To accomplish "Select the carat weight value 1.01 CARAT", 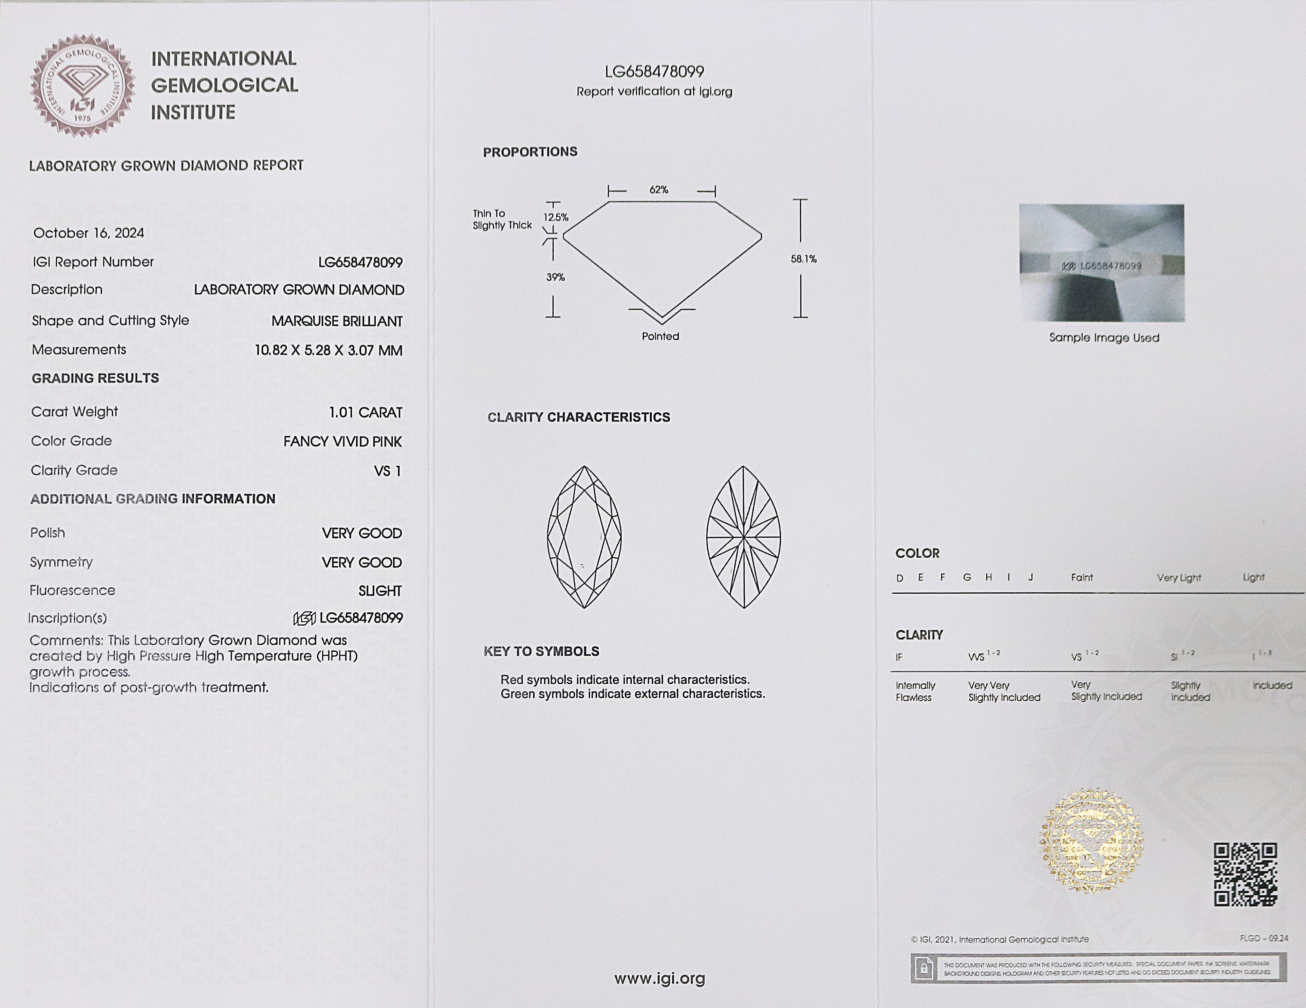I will pos(366,412).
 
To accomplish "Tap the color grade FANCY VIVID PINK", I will pos(343,442).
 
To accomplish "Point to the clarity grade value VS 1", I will pos(388,471).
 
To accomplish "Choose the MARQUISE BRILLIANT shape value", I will pos(337,321).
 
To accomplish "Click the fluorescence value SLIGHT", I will pos(380,591).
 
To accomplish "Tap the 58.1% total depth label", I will pos(803,259).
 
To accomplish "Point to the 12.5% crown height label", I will pos(556,217).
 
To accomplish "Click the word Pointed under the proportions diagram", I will pos(660,336).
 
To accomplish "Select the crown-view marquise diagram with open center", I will pos(584,537).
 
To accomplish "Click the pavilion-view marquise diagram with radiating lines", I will pos(743,537).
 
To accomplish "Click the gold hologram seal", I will pos(1091,841).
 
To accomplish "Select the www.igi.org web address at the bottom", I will pos(659,979).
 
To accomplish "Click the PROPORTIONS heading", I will pos(530,152).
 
